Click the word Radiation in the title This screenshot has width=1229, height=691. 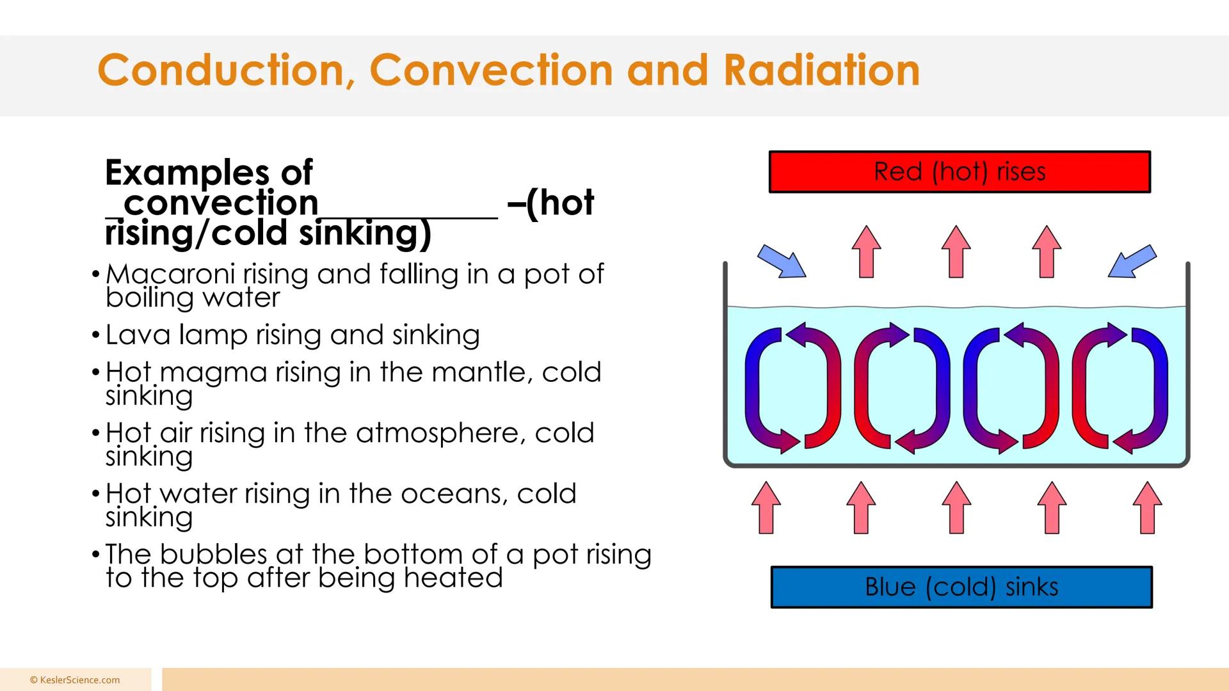coord(821,70)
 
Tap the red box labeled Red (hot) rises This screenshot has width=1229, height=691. coord(960,171)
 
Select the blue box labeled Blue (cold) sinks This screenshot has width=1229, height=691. coord(961,587)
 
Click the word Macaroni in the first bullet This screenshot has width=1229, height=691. coord(170,274)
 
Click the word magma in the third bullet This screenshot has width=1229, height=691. coord(213,372)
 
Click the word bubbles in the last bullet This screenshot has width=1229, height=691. coord(213,554)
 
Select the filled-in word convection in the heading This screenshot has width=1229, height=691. coord(221,203)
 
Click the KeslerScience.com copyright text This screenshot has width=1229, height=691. coord(75,680)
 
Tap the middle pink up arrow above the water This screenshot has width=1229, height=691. coord(956,251)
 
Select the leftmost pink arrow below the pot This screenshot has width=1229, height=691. coord(766,507)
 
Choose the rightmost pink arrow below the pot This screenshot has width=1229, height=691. coord(1147,507)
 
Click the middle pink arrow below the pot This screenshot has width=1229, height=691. coord(956,507)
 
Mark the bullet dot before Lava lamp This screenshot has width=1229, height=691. coord(95,335)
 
